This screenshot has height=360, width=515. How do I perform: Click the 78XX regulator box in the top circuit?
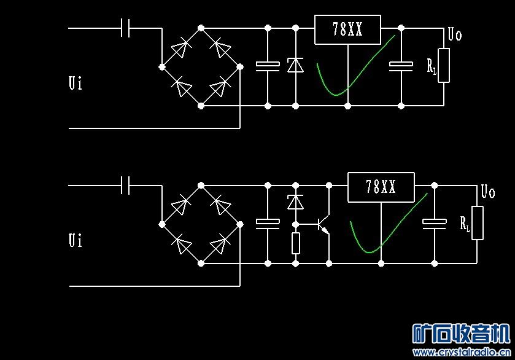(x=347, y=29)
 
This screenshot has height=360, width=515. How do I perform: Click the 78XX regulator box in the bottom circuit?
(x=381, y=187)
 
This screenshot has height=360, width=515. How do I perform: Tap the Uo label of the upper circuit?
(x=455, y=34)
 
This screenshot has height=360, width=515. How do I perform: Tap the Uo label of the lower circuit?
(x=488, y=192)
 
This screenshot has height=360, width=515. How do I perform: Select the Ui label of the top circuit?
(x=75, y=83)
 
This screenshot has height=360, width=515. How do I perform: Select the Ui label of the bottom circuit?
(x=75, y=240)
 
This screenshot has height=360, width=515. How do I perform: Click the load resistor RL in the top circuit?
(x=443, y=65)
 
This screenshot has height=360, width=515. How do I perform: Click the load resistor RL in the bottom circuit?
(x=477, y=222)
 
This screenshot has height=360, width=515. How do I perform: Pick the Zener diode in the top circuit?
(x=295, y=65)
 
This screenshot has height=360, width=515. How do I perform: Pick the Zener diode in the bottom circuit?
(x=295, y=202)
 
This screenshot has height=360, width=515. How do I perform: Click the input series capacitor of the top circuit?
(x=126, y=28)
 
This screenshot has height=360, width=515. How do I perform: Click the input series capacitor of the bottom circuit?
(x=126, y=185)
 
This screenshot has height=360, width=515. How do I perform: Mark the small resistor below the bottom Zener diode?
(x=295, y=243)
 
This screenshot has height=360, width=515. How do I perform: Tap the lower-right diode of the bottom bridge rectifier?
(x=219, y=245)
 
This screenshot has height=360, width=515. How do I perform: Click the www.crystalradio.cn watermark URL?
(x=462, y=352)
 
